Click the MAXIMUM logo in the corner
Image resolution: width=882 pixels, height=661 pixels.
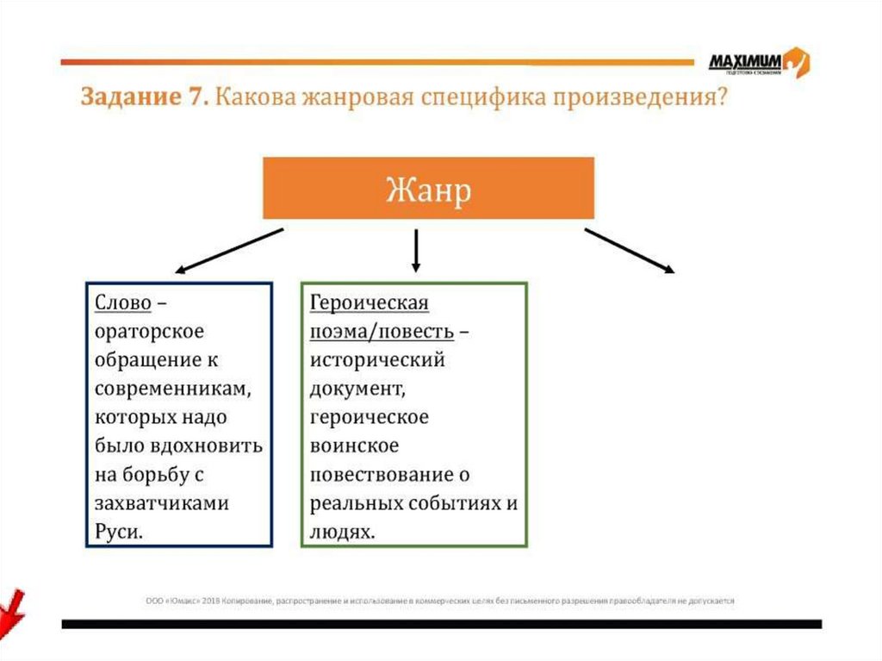pos(758,62)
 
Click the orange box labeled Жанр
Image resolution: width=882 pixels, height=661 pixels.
pos(428,188)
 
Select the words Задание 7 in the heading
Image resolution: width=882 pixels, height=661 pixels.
pos(143,97)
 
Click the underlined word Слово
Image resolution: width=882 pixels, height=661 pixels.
pos(123,303)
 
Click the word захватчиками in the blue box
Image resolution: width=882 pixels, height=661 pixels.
pos(162,503)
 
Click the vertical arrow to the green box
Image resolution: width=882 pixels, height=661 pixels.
pos(416,250)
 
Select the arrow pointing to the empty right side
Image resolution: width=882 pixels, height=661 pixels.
pos(629,252)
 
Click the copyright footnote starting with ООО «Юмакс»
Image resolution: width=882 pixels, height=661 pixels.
pos(439,601)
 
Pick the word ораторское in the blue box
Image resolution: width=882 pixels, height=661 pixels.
pos(150,332)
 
